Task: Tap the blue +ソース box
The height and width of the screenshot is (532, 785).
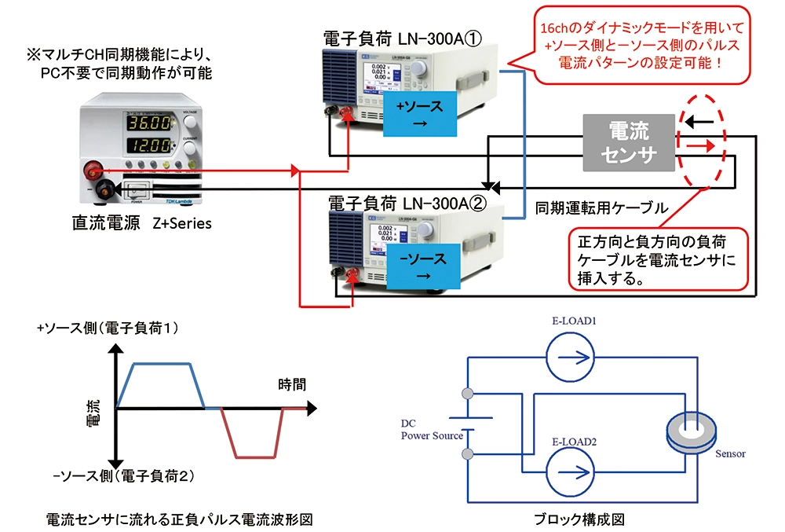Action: click(x=418, y=113)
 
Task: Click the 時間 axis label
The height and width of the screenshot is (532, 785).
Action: click(x=292, y=385)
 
